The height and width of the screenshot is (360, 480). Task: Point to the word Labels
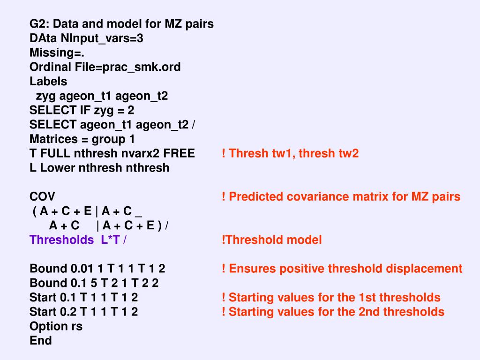(48, 82)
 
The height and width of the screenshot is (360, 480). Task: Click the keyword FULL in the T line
(54, 154)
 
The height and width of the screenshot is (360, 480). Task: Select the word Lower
(57, 168)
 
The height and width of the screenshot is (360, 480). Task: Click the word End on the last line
(41, 341)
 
